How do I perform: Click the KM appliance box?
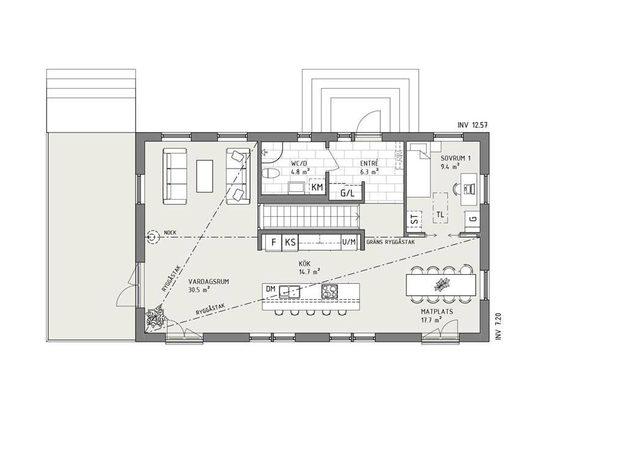[317, 187]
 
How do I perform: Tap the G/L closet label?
[347, 194]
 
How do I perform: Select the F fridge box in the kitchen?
[273, 242]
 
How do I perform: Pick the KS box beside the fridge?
[290, 242]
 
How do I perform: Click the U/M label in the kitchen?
[349, 242]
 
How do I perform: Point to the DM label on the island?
[271, 289]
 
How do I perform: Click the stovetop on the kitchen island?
[330, 291]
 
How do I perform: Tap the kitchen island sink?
[290, 291]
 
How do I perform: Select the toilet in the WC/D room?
[271, 174]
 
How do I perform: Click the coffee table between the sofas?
[205, 176]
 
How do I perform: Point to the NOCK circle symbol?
[152, 238]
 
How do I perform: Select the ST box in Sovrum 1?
[415, 219]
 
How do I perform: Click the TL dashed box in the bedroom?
[440, 208]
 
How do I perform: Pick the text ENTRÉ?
[369, 164]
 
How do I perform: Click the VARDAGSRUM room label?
[208, 282]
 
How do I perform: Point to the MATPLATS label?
[436, 311]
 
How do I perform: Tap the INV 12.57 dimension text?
[473, 125]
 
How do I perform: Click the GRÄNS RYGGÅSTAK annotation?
[391, 242]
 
